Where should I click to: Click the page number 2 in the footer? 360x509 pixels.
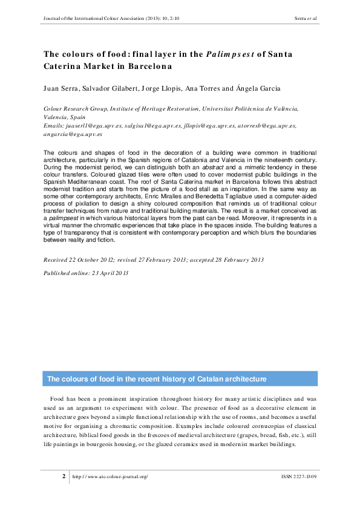(64, 476)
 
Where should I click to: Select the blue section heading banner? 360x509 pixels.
(180, 379)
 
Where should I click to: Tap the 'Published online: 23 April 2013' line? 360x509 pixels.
(85, 273)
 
